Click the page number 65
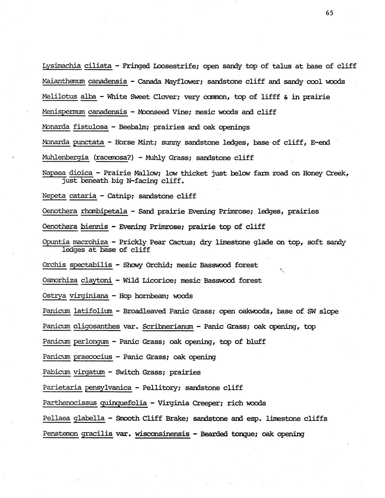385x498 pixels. click(x=329, y=13)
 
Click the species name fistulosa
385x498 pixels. click(x=91, y=127)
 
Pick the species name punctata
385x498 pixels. click(x=88, y=143)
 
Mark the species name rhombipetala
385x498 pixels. click(x=104, y=211)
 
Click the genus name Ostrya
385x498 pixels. click(x=54, y=296)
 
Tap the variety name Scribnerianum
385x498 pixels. click(x=168, y=327)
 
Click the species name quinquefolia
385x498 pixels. click(x=124, y=403)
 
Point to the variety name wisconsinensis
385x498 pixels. click(x=162, y=434)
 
